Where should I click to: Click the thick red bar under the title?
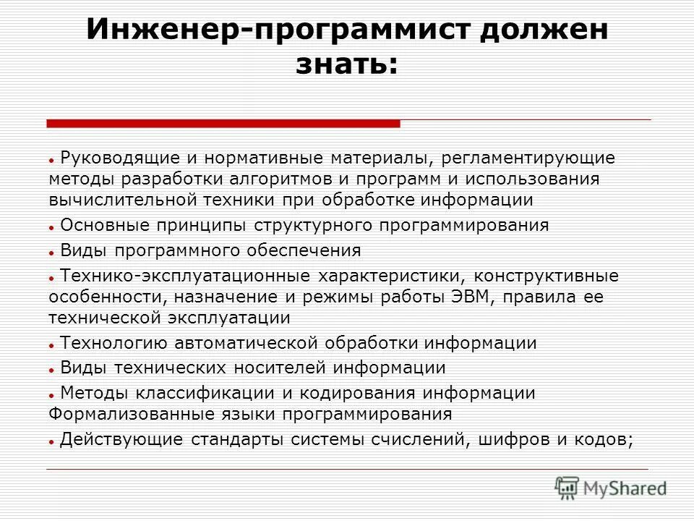223,124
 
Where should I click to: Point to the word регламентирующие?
534,157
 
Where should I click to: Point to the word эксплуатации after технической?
230,318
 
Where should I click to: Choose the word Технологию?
115,343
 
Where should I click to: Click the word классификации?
184,393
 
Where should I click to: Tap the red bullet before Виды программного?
53,253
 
